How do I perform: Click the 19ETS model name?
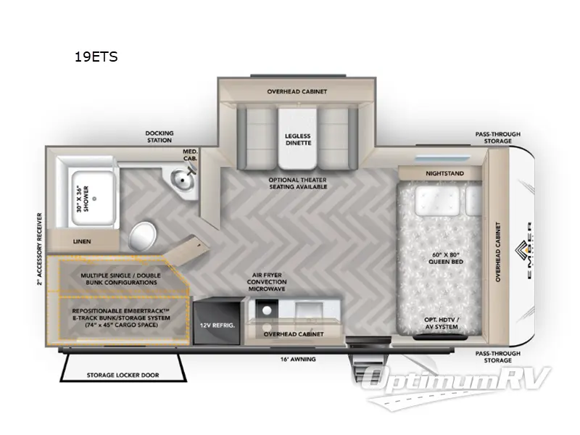pos(96,57)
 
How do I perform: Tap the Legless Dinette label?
pos(298,140)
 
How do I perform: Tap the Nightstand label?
pos(443,173)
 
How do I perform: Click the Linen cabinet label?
pos(81,241)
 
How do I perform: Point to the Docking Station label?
pos(159,137)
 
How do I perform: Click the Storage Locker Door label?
pos(123,375)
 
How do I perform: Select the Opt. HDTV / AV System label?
pos(443,323)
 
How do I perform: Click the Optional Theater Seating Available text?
pos(298,182)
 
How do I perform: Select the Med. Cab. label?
pos(190,155)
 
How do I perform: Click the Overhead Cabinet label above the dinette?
pos(298,92)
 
